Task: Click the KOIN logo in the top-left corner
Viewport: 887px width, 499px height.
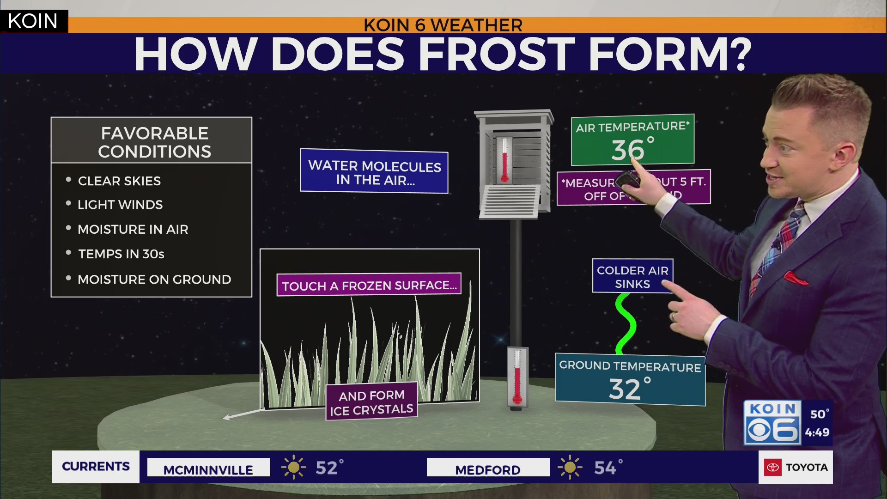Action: pos(33,21)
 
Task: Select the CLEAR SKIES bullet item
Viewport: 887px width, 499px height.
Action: pos(119,181)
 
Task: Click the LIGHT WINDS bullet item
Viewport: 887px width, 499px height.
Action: pos(120,205)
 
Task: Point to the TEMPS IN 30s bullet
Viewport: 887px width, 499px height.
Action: pos(121,254)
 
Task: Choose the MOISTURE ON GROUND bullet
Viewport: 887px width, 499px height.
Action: pos(154,280)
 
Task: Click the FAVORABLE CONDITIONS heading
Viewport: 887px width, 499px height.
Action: pos(154,142)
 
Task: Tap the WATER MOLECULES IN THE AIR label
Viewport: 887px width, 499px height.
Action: pos(374,172)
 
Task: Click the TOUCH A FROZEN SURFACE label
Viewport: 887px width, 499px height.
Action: pos(369,286)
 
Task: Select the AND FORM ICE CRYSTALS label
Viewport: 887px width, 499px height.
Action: pos(371,402)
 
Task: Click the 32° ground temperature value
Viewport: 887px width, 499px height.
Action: pos(628,388)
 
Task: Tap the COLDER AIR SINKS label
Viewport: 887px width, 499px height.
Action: pos(632,277)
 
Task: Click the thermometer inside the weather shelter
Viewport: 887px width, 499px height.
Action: pos(504,159)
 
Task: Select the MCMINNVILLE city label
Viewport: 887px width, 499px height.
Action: pos(208,469)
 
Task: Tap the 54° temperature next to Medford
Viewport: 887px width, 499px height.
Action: pos(607,468)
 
